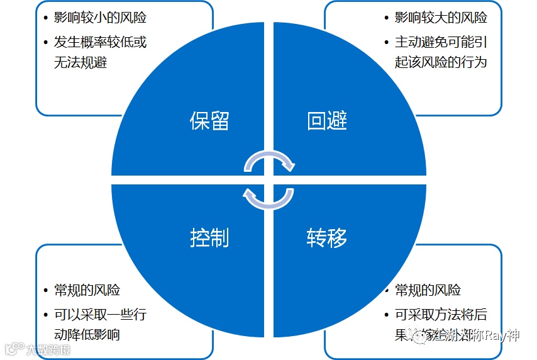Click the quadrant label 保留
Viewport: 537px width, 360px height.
click(x=209, y=120)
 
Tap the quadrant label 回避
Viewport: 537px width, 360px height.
click(x=327, y=120)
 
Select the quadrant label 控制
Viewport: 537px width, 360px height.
click(x=209, y=237)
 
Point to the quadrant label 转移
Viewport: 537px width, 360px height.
click(x=327, y=237)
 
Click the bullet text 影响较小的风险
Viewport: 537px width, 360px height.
click(x=101, y=18)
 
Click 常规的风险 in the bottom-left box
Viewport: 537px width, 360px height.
click(x=87, y=290)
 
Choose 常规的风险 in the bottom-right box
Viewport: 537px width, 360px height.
click(x=428, y=290)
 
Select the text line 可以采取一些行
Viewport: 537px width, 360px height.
click(x=101, y=313)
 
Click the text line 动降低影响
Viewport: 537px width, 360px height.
click(x=87, y=334)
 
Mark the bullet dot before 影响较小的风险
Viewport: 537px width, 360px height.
click(x=47, y=18)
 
